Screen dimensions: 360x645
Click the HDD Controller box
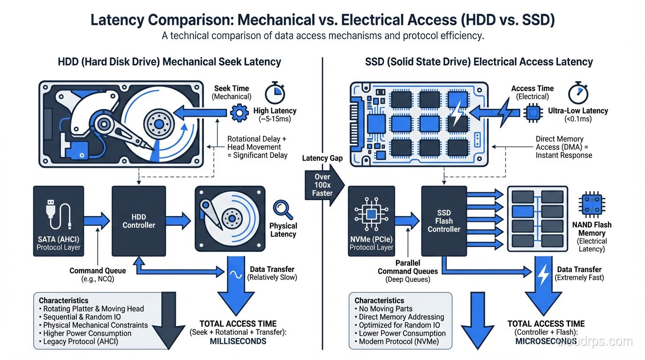click(138, 221)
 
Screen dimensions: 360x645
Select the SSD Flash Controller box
click(443, 221)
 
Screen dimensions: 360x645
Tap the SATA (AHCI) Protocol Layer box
click(59, 221)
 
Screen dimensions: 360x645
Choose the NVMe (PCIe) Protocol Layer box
click(371, 221)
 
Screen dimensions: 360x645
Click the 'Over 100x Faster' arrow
click(323, 186)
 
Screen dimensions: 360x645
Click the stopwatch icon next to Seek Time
click(275, 93)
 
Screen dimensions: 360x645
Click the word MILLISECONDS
click(232, 341)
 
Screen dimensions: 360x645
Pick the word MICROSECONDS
click(546, 341)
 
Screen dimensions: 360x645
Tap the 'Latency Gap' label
click(322, 158)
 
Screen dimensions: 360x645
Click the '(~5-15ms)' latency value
click(275, 119)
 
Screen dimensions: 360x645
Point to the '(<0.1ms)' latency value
click(578, 119)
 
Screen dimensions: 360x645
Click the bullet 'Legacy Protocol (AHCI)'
click(81, 342)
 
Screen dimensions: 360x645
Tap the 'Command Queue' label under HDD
click(97, 270)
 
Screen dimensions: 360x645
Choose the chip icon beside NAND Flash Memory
click(592, 205)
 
